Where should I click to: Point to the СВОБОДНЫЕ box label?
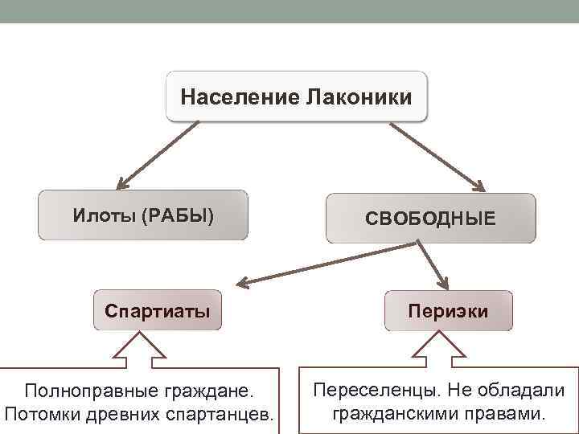click(430, 219)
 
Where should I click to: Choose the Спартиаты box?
click(158, 310)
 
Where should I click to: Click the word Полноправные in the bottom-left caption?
click(88, 391)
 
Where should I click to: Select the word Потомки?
click(40, 416)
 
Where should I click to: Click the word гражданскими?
click(400, 415)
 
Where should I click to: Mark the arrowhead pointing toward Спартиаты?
click(244, 282)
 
